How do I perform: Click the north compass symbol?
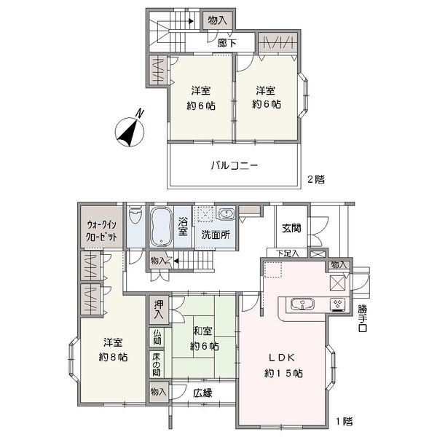(130, 131)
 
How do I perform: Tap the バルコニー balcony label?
(234, 165)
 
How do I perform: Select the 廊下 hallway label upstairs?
(227, 43)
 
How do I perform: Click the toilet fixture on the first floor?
(135, 214)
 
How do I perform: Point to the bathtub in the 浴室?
(161, 227)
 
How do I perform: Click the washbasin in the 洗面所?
(226, 214)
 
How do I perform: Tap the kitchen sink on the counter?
(302, 304)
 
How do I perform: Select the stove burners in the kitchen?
(338, 304)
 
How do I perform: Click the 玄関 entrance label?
(291, 228)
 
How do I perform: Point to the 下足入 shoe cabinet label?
(288, 253)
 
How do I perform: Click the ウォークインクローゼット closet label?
(101, 231)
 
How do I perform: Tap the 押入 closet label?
(159, 310)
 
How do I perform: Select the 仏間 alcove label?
(157, 336)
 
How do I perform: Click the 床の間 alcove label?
(157, 365)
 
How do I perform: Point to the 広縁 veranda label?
(202, 393)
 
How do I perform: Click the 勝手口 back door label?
(363, 318)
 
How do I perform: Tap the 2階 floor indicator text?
(316, 179)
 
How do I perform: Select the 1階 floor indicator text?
(344, 421)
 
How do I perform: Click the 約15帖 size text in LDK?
(283, 373)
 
